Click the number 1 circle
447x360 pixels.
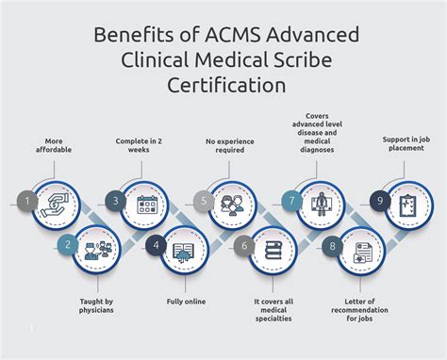(29, 200)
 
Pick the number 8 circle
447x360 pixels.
(331, 246)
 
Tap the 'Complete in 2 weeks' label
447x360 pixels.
(141, 147)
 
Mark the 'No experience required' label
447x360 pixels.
(232, 147)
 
